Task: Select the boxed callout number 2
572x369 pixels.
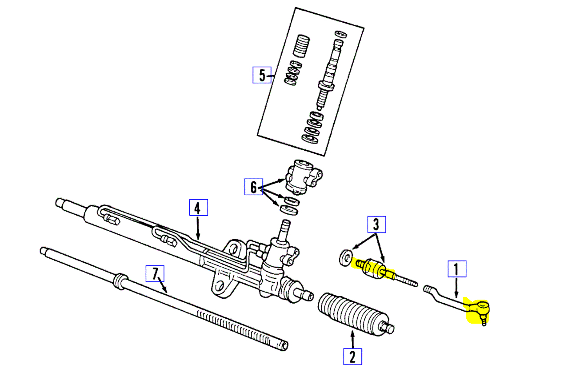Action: point(352,356)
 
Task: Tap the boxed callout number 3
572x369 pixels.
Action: point(376,225)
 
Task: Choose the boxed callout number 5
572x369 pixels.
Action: point(262,75)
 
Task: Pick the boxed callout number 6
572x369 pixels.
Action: point(253,187)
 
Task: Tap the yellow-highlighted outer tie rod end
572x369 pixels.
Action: point(478,309)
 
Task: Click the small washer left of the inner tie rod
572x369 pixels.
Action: point(345,257)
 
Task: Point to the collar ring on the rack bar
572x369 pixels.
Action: point(119,281)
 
